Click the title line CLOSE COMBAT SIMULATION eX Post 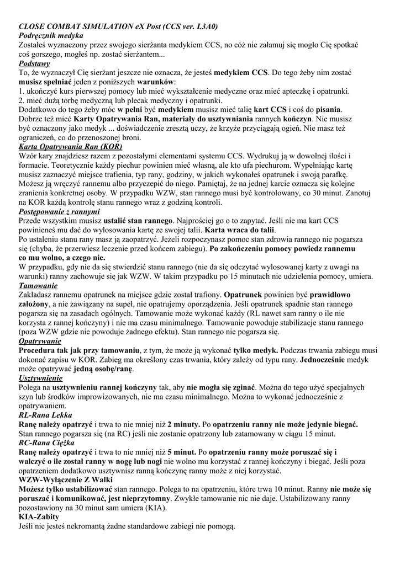pyautogui.click(x=118, y=26)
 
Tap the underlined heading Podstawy pyautogui.click(x=34, y=63)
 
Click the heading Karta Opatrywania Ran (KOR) pyautogui.click(x=70, y=147)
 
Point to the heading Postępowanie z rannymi pyautogui.click(x=59, y=212)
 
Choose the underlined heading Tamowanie pyautogui.click(x=38, y=286)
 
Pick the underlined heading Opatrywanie pyautogui.click(x=40, y=342)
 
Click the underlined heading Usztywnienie pyautogui.click(x=40, y=379)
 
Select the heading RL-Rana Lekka pyautogui.click(x=45, y=415)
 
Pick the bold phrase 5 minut pyautogui.click(x=183, y=452)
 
